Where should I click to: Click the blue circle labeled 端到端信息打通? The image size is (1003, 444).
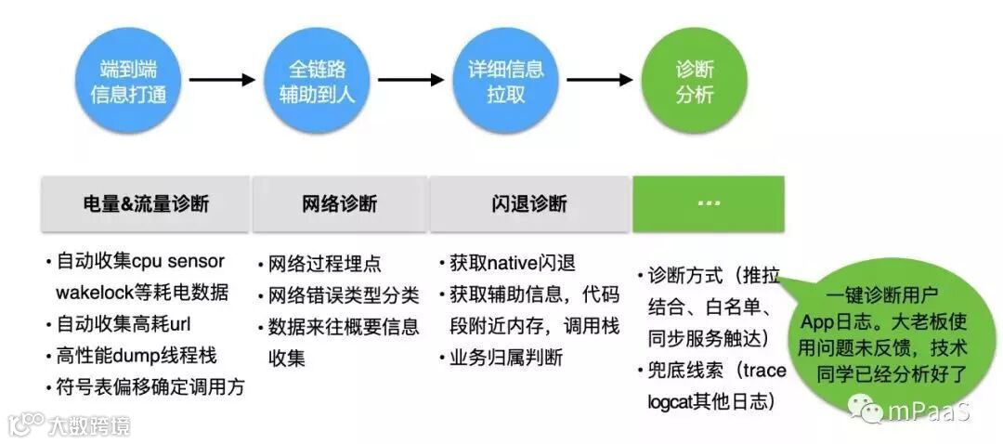click(129, 81)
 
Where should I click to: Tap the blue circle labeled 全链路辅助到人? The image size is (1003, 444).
click(318, 81)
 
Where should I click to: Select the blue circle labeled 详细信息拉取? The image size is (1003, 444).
click(505, 81)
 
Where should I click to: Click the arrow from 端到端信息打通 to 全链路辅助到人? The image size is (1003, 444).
click(223, 80)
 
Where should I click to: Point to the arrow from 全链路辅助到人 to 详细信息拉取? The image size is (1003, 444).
click(411, 80)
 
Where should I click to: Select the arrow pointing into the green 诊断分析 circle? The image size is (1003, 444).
click(599, 80)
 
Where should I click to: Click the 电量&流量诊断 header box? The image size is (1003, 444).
click(146, 204)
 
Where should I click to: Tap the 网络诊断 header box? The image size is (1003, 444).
click(340, 204)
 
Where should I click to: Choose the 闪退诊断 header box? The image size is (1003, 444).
click(529, 204)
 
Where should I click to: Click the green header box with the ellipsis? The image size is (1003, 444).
click(709, 203)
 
